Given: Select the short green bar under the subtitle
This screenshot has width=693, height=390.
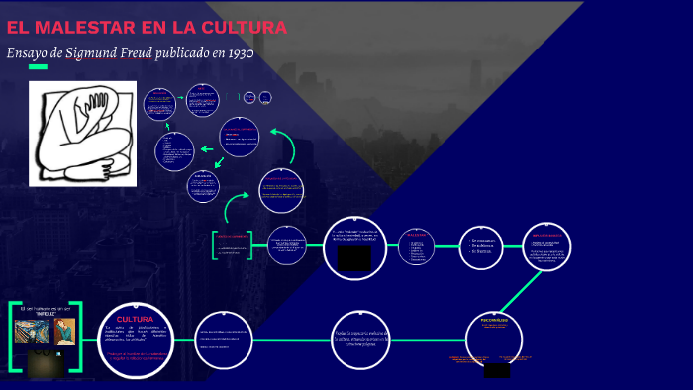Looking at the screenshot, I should click(38, 67).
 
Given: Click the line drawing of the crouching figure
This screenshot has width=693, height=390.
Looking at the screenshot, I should click(81, 133).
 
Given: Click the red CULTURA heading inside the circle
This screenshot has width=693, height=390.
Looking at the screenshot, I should click(135, 319).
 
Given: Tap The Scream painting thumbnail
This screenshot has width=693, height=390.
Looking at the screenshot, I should click(33, 334).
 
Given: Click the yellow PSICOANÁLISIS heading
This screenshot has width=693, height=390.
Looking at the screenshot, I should click(494, 321).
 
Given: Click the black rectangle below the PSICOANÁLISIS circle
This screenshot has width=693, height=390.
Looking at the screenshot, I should click(496, 370).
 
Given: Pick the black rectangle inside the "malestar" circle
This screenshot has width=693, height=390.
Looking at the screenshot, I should click(353, 258).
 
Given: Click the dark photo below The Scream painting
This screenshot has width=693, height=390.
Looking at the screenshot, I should click(41, 363).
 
